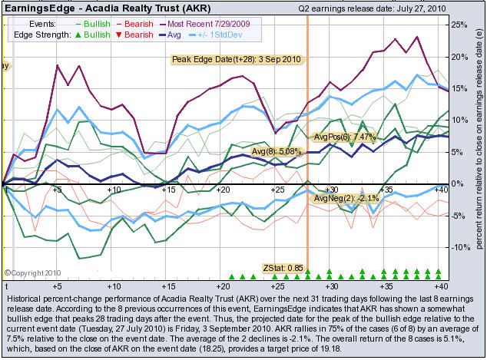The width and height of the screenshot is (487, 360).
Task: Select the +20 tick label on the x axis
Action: point(224,189)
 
